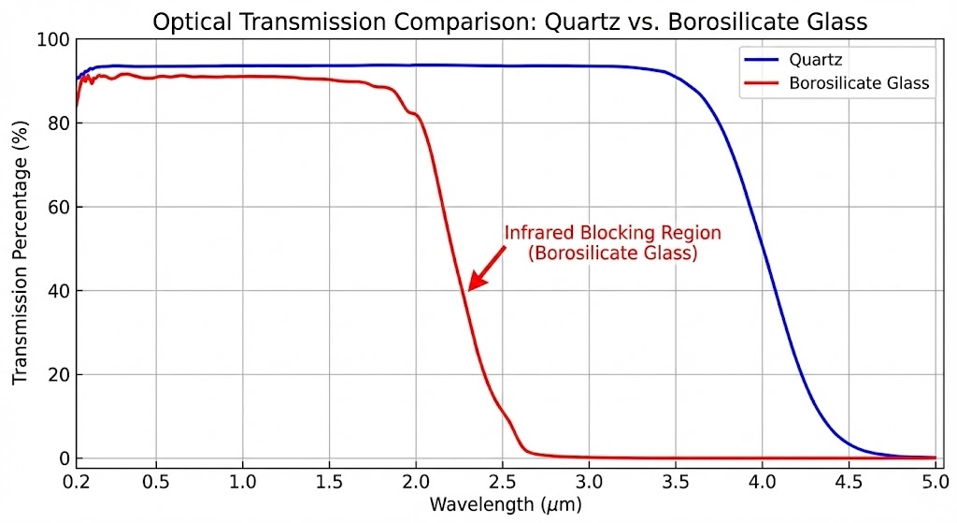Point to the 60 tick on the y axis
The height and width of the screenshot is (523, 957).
coord(58,207)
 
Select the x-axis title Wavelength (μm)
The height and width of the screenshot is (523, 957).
coord(506,505)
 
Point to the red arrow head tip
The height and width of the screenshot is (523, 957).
coord(469,289)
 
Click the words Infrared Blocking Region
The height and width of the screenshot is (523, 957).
coord(613,233)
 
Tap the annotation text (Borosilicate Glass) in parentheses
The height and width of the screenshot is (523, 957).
coord(613,254)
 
